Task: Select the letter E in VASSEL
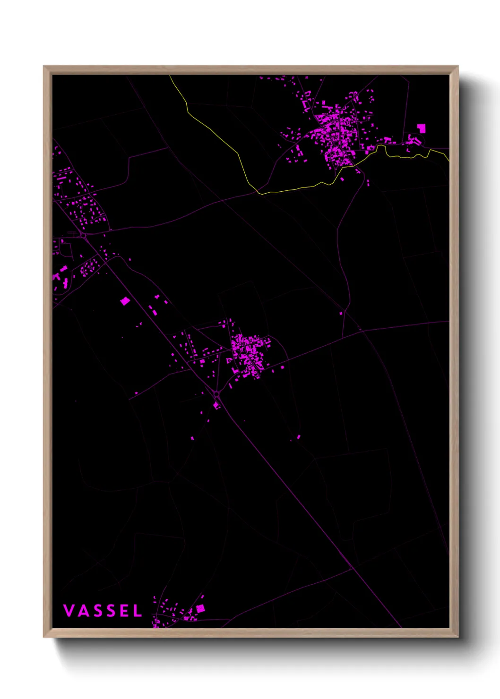tap(123, 611)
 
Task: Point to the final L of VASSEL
tap(138, 611)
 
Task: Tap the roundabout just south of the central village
tap(216, 394)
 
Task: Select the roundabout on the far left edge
tap(83, 235)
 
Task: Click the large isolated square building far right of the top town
tap(421, 128)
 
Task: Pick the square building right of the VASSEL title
tap(200, 608)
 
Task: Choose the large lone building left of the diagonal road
tap(125, 301)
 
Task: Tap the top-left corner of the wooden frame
tap(44, 67)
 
